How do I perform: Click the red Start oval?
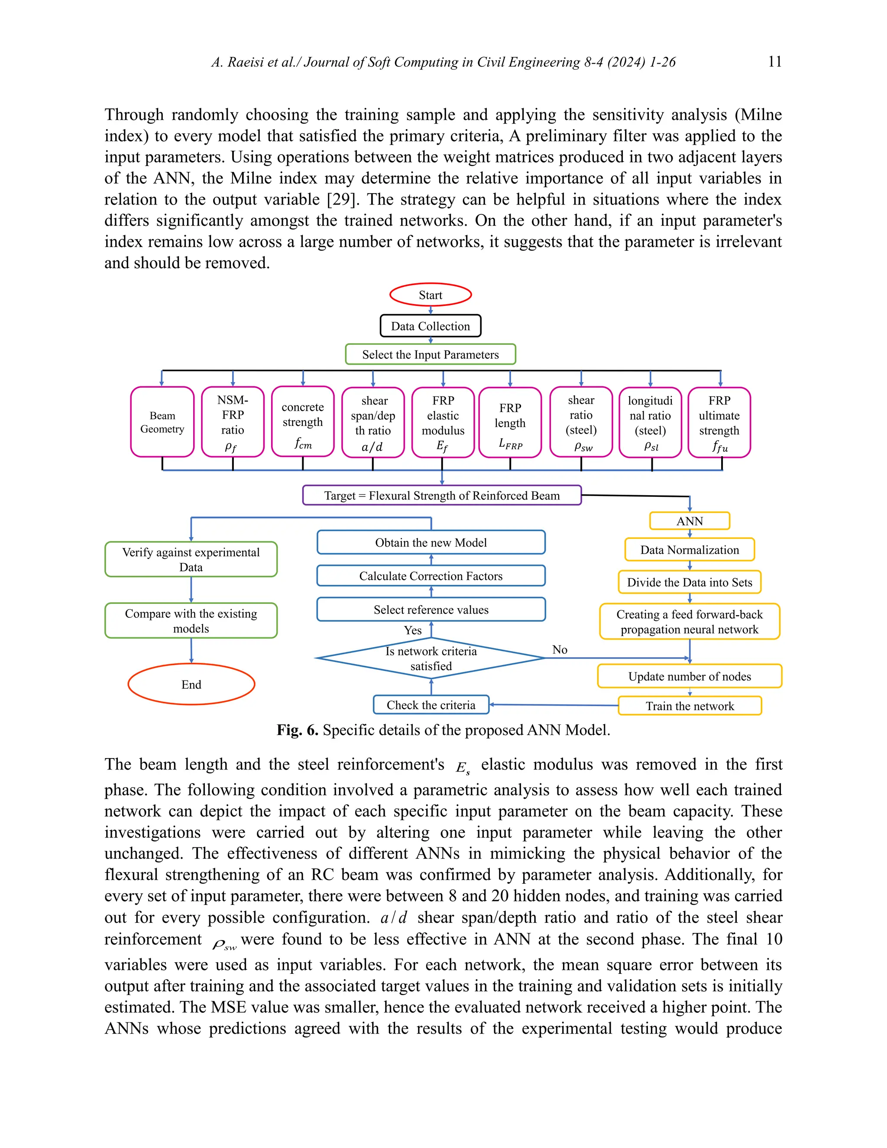pos(431,295)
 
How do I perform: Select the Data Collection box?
pos(431,326)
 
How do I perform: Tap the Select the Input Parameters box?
pos(431,354)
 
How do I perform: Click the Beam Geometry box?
pos(162,422)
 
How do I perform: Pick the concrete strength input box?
pos(303,422)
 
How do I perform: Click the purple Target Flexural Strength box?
pos(442,495)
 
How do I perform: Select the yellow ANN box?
pos(690,521)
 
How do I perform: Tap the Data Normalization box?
pos(690,550)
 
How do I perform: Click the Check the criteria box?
pos(431,705)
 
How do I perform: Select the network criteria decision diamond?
pos(431,658)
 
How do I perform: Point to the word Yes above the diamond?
pos(412,630)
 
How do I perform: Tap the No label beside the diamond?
pos(560,650)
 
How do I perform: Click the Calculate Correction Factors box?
pos(431,576)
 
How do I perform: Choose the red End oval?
pos(191,684)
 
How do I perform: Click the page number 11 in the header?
pos(774,62)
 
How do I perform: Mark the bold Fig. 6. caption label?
pos(298,730)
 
